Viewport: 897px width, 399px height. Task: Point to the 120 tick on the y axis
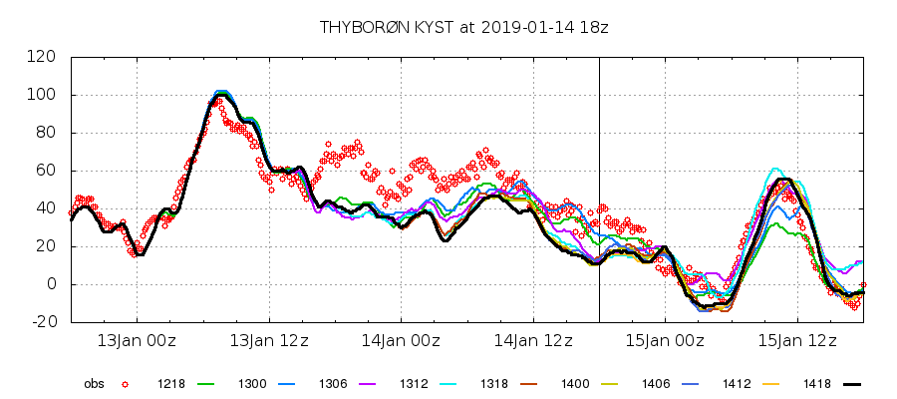[43, 57]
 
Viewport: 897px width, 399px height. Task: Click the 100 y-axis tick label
[43, 95]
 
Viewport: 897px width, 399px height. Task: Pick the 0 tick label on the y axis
[51, 284]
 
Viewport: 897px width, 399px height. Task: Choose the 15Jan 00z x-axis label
[664, 341]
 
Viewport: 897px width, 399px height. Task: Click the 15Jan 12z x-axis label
[795, 341]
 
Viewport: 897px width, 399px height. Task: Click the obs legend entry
[94, 383]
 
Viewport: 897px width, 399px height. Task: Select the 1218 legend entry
[170, 383]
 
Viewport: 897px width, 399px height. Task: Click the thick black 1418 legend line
[849, 383]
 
